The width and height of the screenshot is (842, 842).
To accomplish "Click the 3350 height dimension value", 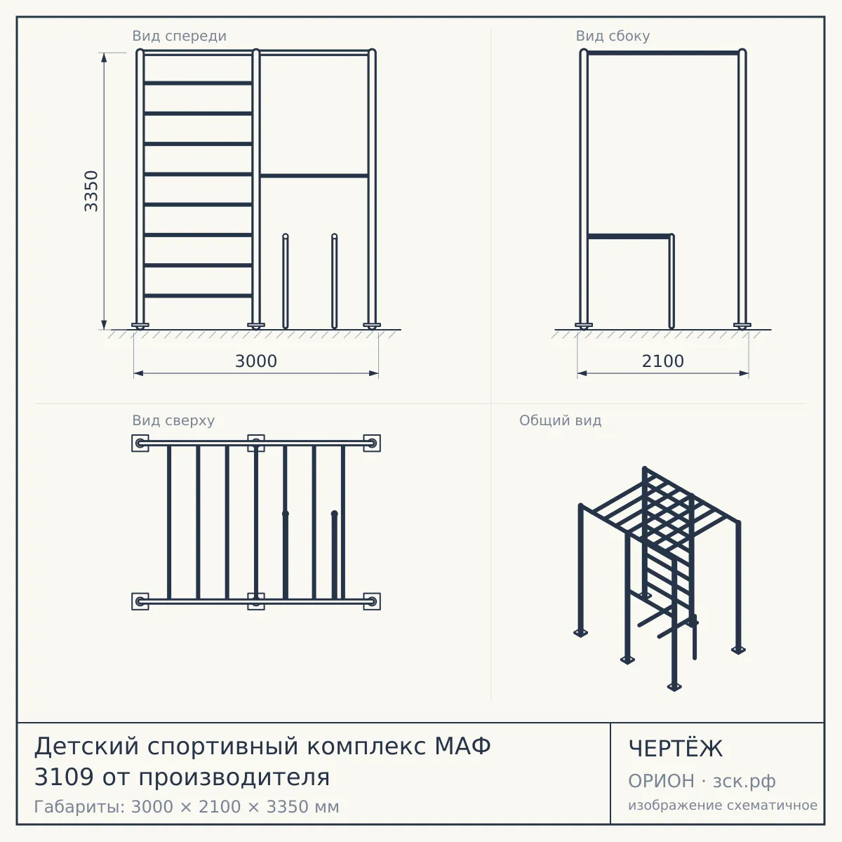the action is (91, 191).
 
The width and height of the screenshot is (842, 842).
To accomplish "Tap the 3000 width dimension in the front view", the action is (256, 361).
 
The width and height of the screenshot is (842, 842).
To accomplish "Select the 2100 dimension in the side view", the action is (663, 361).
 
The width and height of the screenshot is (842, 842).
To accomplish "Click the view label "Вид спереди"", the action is (180, 36).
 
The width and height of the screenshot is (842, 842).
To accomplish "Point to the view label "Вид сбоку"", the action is (613, 36).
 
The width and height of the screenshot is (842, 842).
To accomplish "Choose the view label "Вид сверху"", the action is (173, 420).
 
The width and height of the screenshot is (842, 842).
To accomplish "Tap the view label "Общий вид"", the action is (560, 420).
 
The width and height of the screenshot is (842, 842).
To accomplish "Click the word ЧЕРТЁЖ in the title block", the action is (676, 749).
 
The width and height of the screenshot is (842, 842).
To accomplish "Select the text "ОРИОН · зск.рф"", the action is (702, 781).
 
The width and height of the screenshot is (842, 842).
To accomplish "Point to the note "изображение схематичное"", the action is (723, 805).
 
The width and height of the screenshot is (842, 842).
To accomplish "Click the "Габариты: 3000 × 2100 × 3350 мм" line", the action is (187, 807).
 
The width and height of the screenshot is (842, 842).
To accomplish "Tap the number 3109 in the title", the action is (64, 777).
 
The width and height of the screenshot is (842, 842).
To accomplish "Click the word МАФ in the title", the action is (462, 746).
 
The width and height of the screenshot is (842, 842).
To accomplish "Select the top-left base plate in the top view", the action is (140, 443).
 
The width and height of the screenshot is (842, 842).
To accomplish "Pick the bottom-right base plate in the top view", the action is (372, 601).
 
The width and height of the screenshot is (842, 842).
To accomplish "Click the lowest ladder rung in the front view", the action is (198, 296).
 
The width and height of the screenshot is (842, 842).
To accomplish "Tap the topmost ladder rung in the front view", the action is (198, 83).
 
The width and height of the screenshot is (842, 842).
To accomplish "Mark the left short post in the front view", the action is (286, 281).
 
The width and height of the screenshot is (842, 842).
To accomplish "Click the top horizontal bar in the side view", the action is (663, 53).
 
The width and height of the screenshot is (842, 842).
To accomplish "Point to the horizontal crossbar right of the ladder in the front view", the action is (314, 175).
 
